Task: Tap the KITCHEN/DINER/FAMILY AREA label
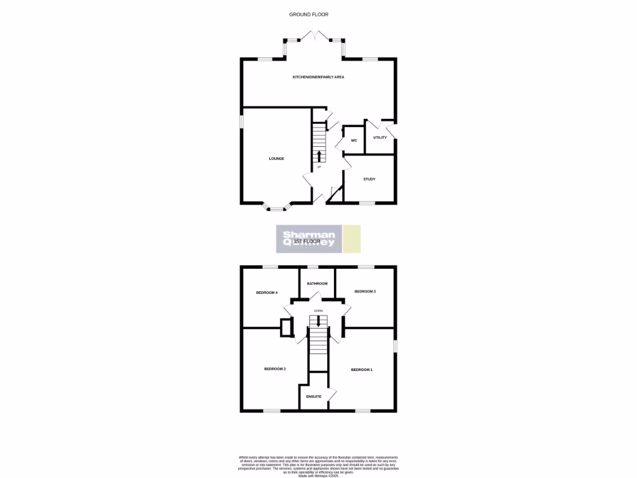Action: point(318,77)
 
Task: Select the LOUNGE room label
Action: point(276,159)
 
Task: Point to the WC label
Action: point(354,141)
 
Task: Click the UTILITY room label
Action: point(380,138)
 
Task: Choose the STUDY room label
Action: point(369,179)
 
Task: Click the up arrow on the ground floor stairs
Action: point(319,156)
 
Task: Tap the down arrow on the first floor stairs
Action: point(318,321)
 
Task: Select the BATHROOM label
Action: point(317,283)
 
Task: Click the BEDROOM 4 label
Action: point(267,292)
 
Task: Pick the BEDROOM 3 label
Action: point(365,291)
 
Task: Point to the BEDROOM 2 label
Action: point(275,369)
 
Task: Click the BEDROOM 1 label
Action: point(361,370)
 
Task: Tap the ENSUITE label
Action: point(314,396)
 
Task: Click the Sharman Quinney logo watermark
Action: point(310,239)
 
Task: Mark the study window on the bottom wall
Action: point(367,203)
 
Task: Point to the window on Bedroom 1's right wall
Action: point(394,345)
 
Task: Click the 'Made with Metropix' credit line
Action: point(318,476)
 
